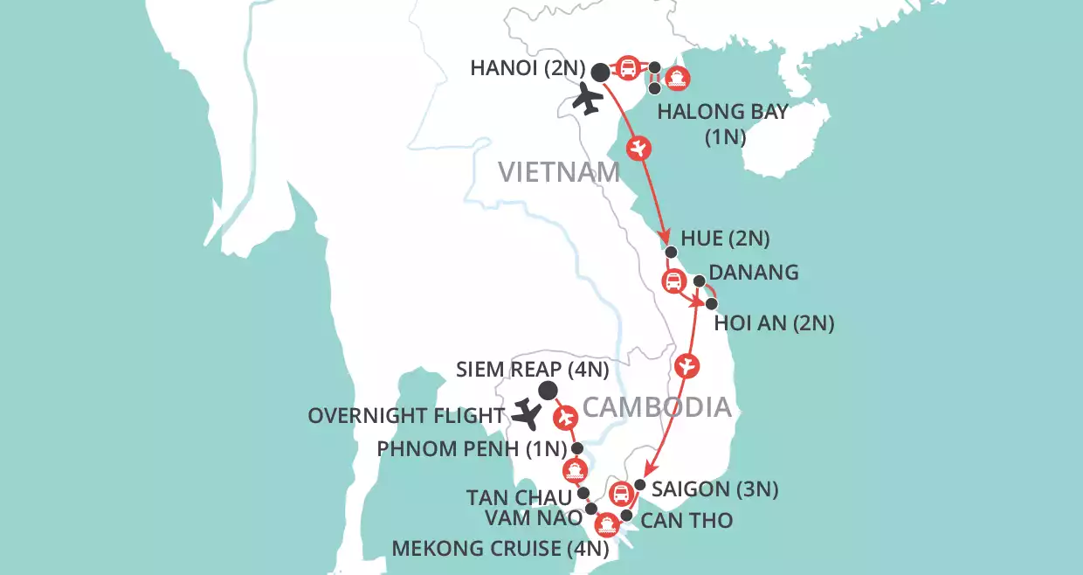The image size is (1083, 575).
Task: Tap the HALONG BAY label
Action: [x=722, y=112]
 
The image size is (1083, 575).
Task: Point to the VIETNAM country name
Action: [x=559, y=172]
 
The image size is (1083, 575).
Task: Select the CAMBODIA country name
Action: [x=656, y=406]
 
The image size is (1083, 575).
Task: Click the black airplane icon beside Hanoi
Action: [x=588, y=100]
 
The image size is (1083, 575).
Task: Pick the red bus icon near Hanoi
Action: [x=627, y=68]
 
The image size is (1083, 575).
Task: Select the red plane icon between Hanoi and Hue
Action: [x=640, y=149]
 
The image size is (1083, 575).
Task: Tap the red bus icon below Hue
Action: [x=673, y=281]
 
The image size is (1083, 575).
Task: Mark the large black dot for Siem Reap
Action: [x=548, y=390]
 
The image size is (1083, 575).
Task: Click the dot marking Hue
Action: [x=671, y=253]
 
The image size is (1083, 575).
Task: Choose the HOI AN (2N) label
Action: [x=774, y=324]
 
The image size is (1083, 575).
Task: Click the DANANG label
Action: [x=755, y=272]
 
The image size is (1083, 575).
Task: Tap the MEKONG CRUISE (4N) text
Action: [x=500, y=550]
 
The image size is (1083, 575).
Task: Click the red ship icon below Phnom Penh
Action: [x=573, y=470]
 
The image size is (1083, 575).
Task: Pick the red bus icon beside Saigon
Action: [x=621, y=494]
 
